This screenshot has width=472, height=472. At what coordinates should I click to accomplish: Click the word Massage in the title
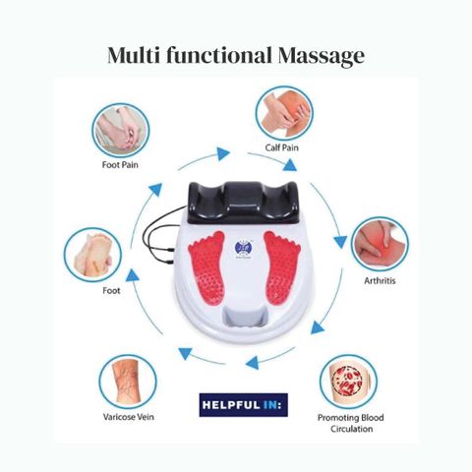tap(322, 56)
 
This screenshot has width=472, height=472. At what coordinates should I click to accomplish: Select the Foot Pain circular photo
tap(121, 130)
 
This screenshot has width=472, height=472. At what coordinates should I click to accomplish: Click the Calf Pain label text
tap(282, 147)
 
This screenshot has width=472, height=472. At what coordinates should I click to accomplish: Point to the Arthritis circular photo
tap(380, 244)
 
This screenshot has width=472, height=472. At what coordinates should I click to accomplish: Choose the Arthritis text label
tap(380, 280)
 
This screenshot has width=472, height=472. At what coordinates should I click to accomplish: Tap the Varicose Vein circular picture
tap(128, 382)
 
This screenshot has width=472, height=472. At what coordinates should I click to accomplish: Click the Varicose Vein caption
tap(129, 417)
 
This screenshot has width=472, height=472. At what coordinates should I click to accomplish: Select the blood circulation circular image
tap(348, 382)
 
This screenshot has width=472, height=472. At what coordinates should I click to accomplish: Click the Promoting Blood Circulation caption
tap(351, 423)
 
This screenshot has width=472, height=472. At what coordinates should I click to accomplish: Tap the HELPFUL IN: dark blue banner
tap(244, 405)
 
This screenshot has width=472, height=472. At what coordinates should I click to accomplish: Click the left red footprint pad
tap(206, 267)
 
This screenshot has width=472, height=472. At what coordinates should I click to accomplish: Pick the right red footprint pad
tap(281, 267)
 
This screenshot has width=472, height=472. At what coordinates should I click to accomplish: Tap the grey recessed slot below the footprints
tap(244, 317)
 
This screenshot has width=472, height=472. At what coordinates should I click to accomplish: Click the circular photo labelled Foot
tap(92, 255)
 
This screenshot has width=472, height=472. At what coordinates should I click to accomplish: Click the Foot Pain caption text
tap(120, 164)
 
